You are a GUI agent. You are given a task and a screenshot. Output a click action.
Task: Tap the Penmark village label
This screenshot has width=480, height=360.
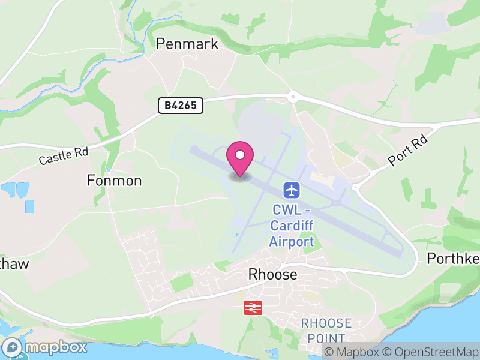click(x=187, y=44)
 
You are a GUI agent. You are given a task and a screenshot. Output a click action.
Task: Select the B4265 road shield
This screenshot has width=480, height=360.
click(x=181, y=106)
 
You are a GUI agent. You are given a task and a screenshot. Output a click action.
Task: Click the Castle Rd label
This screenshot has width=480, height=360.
click(x=63, y=157)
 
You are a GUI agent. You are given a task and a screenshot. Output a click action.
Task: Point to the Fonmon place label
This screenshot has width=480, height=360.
click(x=114, y=181)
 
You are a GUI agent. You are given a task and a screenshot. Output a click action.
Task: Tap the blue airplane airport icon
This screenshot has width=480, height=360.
click(x=292, y=191)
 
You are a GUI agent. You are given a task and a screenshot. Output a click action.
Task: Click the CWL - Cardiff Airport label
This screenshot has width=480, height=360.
click(x=292, y=226)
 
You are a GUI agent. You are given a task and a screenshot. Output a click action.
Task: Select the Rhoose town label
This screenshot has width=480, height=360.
click(x=272, y=274)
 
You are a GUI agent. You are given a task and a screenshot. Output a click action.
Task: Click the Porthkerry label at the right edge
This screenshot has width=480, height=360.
click(x=453, y=259)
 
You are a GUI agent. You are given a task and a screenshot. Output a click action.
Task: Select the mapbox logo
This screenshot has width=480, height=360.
click(x=46, y=347)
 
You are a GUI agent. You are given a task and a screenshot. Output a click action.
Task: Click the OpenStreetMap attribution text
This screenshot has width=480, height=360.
click(x=430, y=352)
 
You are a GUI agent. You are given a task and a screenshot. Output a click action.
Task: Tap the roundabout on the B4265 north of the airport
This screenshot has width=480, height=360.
click(x=293, y=96)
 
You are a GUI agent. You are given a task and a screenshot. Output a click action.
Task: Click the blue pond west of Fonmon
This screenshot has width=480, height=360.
click(x=16, y=191)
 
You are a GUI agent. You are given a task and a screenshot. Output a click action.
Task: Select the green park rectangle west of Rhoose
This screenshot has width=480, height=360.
click(x=181, y=282)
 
